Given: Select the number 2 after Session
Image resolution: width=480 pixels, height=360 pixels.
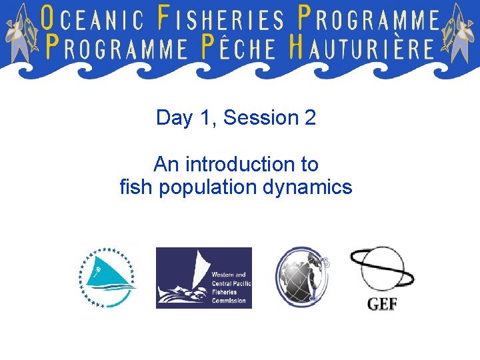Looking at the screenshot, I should click(310, 118).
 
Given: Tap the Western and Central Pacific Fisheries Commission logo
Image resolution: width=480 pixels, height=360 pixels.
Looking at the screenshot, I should click(204, 278).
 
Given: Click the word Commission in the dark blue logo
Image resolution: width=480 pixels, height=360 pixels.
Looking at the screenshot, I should click(229, 301).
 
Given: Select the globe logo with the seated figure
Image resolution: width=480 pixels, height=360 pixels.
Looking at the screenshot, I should click(302, 277).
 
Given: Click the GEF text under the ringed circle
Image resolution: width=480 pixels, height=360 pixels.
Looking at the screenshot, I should click(382, 304).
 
